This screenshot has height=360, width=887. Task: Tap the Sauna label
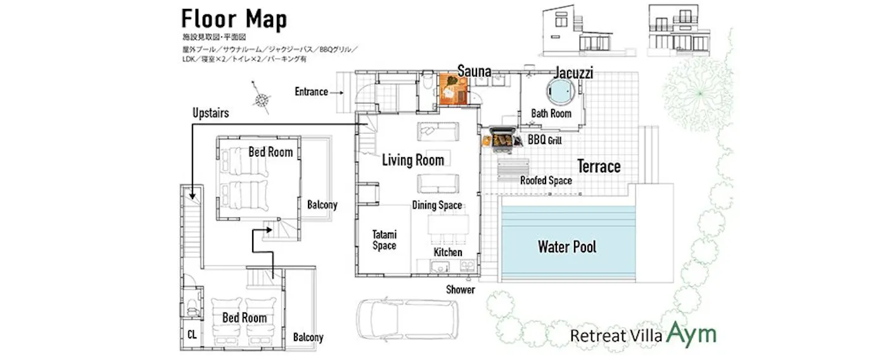475,72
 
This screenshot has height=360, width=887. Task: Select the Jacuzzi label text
573,72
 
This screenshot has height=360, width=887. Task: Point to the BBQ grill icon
502,140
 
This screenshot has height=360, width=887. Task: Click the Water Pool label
567,247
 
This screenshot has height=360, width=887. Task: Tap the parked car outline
408,320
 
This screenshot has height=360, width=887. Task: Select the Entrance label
311,92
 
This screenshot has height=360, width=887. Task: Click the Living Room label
412,160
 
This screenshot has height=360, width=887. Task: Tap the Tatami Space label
384,240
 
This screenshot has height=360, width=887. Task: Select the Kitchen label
447,252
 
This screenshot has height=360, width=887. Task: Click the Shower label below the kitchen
460,290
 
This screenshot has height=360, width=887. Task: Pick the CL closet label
191,334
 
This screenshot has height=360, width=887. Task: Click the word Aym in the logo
692,333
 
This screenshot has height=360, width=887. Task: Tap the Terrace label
598,167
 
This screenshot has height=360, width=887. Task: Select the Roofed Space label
546,181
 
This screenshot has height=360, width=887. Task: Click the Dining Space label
437,205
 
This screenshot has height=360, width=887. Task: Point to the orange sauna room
454,89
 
